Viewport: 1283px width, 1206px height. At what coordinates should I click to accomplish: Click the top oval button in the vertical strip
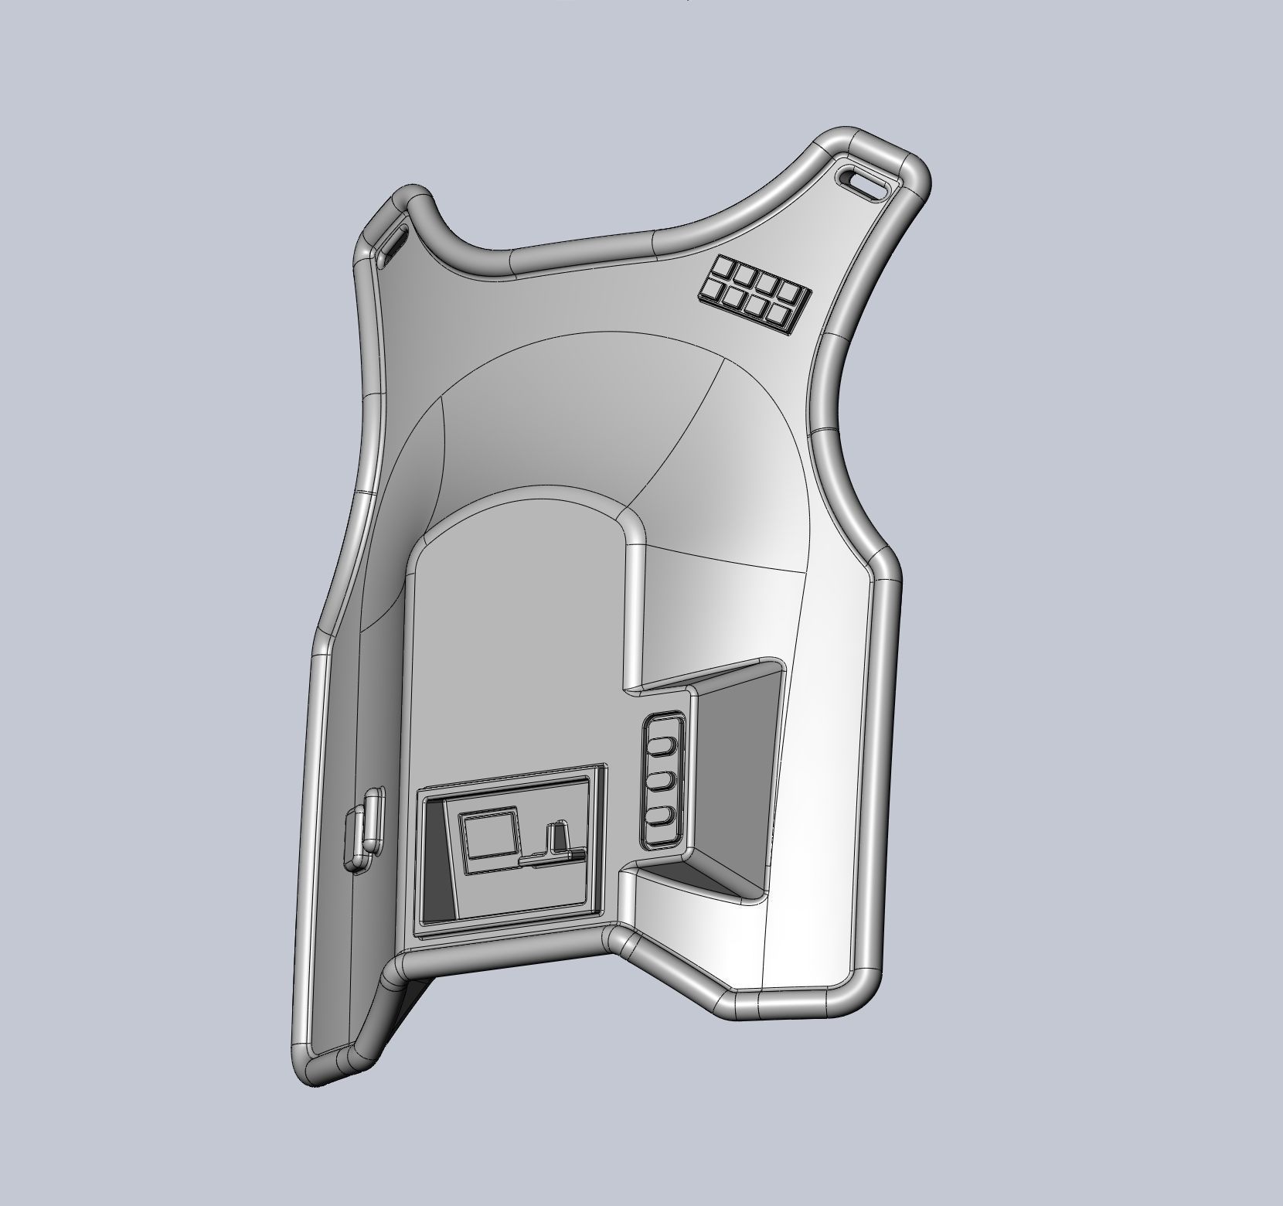(662, 746)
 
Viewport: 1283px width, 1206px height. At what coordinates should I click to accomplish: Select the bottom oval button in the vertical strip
(659, 816)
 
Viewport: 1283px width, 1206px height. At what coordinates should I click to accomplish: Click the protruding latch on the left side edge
(363, 828)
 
